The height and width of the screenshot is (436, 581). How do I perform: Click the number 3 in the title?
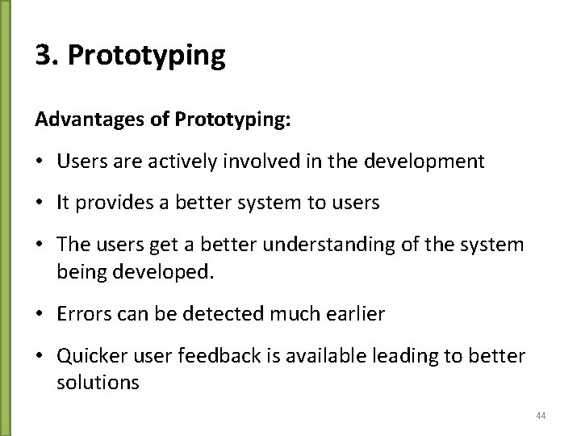pos(44,57)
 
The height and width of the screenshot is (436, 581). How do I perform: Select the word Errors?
pos(79,313)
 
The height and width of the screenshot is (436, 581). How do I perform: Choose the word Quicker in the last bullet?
pos(88,355)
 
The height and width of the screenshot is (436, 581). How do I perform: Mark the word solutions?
pos(98,381)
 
